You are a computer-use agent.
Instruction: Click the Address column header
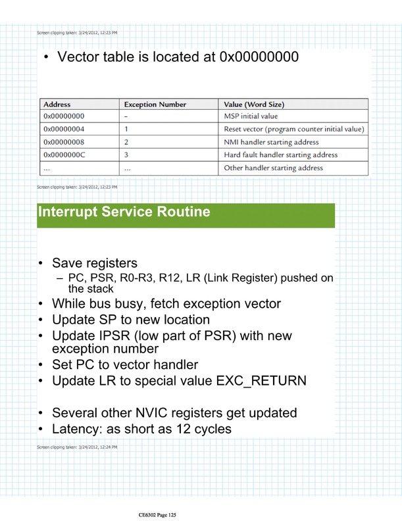[57, 104]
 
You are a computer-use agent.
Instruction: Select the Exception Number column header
[155, 104]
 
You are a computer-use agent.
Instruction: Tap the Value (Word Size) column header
[255, 104]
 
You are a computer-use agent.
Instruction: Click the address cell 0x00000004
[64, 129]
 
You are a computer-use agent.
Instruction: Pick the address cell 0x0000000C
[64, 155]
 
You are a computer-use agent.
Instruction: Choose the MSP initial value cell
[251, 116]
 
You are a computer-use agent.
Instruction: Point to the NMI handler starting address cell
[271, 142]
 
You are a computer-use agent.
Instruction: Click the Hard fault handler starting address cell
[281, 155]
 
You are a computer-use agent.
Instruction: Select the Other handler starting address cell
[274, 168]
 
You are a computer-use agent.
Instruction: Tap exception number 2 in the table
[126, 142]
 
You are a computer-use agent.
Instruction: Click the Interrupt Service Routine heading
[124, 212]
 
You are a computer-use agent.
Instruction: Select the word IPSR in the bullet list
[118, 336]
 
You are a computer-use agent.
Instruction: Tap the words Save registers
[95, 263]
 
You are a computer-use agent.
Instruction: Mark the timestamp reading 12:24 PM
[108, 447]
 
